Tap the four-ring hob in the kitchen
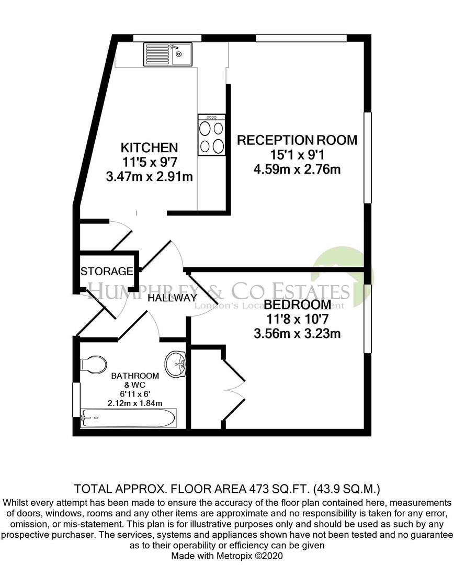point(211,135)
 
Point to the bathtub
point(129,418)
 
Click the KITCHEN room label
point(150,148)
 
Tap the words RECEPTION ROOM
point(297,140)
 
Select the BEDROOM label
point(297,304)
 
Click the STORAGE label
point(106,272)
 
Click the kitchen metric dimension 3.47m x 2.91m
point(150,177)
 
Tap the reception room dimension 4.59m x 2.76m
point(297,169)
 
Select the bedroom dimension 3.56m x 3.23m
point(297,333)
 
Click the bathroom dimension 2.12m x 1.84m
point(128,402)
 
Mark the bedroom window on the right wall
point(368,320)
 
